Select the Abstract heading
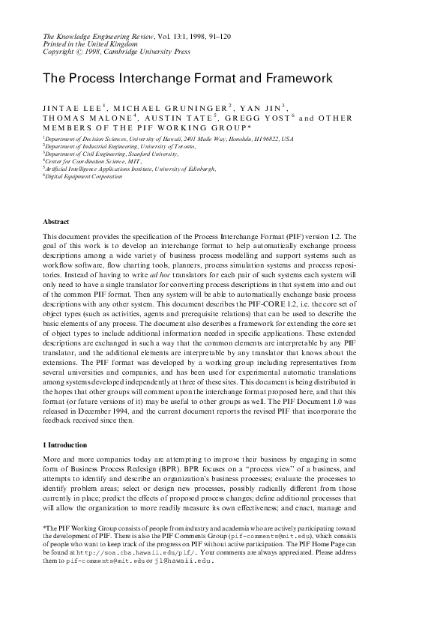57,223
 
